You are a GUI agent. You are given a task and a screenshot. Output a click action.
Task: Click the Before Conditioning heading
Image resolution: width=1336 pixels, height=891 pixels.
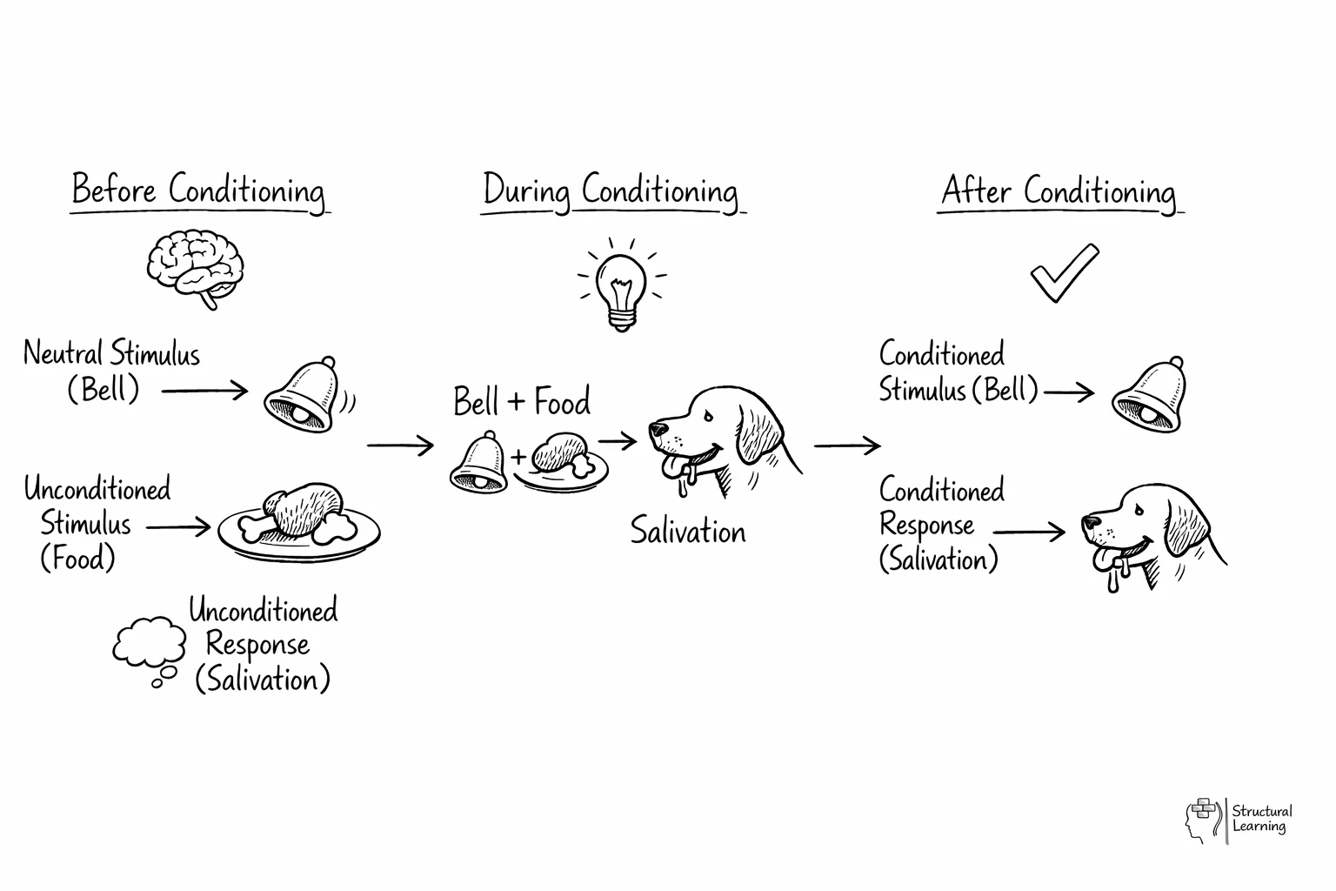click(x=198, y=191)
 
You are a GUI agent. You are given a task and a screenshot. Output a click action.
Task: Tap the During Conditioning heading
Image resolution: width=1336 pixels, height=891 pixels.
click(x=611, y=191)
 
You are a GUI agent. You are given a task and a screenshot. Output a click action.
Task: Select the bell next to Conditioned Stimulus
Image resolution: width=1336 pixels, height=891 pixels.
click(x=1150, y=395)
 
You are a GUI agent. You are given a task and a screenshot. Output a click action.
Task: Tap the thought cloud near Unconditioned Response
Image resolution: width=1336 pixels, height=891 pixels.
click(x=149, y=645)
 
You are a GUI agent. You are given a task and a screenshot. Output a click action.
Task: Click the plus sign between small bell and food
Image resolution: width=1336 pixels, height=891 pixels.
click(x=519, y=457)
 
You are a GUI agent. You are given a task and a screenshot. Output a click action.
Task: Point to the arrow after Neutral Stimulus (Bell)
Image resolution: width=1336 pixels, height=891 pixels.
click(x=205, y=391)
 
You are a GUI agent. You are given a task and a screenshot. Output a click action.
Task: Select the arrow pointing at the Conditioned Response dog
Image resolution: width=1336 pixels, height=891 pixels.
click(x=1029, y=532)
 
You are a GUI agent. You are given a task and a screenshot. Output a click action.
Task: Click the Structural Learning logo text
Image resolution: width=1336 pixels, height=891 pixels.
click(x=1261, y=819)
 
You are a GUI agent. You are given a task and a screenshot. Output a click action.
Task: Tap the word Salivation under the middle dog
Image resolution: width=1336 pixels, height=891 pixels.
click(x=688, y=531)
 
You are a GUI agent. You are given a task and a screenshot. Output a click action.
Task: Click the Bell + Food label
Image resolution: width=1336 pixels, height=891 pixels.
click(x=522, y=402)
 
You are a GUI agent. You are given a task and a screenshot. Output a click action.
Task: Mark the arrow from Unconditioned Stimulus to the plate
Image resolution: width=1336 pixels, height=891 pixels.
click(x=178, y=526)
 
